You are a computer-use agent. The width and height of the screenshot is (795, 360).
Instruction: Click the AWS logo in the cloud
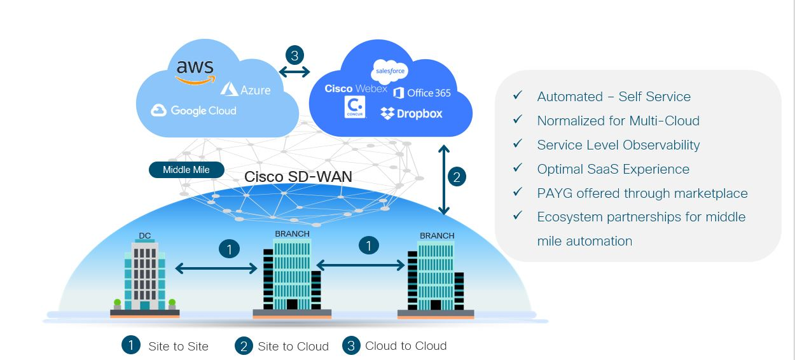pyautogui.click(x=195, y=71)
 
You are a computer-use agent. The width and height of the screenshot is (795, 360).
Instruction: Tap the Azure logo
pyautogui.click(x=245, y=89)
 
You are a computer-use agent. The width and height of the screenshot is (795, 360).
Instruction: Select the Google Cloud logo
pyautogui.click(x=193, y=111)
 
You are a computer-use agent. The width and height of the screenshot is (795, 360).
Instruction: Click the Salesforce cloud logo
pyautogui.click(x=389, y=71)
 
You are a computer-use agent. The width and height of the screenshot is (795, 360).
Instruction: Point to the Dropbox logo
pyautogui.click(x=411, y=114)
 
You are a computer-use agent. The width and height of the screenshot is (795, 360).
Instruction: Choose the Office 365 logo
pyautogui.click(x=422, y=93)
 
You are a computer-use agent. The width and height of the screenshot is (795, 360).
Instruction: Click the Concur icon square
pyautogui.click(x=355, y=107)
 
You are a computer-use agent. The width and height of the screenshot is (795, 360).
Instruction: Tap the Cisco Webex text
pyautogui.click(x=356, y=88)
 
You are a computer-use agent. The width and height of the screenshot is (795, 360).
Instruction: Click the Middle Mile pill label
pyautogui.click(x=186, y=170)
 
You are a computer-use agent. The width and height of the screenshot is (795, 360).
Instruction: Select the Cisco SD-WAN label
pyautogui.click(x=298, y=176)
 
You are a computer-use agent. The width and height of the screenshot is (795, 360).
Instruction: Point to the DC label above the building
pyautogui.click(x=145, y=236)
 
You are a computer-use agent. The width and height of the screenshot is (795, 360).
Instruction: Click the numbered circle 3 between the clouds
pyautogui.click(x=294, y=55)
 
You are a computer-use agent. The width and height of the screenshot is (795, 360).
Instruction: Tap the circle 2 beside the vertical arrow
pyautogui.click(x=456, y=176)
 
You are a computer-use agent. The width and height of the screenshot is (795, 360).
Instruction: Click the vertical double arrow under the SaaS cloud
pyautogui.click(x=444, y=180)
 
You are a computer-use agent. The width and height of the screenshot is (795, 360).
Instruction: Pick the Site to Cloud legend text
pyautogui.click(x=293, y=347)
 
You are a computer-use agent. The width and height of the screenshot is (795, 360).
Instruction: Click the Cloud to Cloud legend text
pyautogui.click(x=406, y=346)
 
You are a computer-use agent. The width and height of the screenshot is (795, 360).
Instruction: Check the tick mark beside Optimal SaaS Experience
pyautogui.click(x=518, y=168)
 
